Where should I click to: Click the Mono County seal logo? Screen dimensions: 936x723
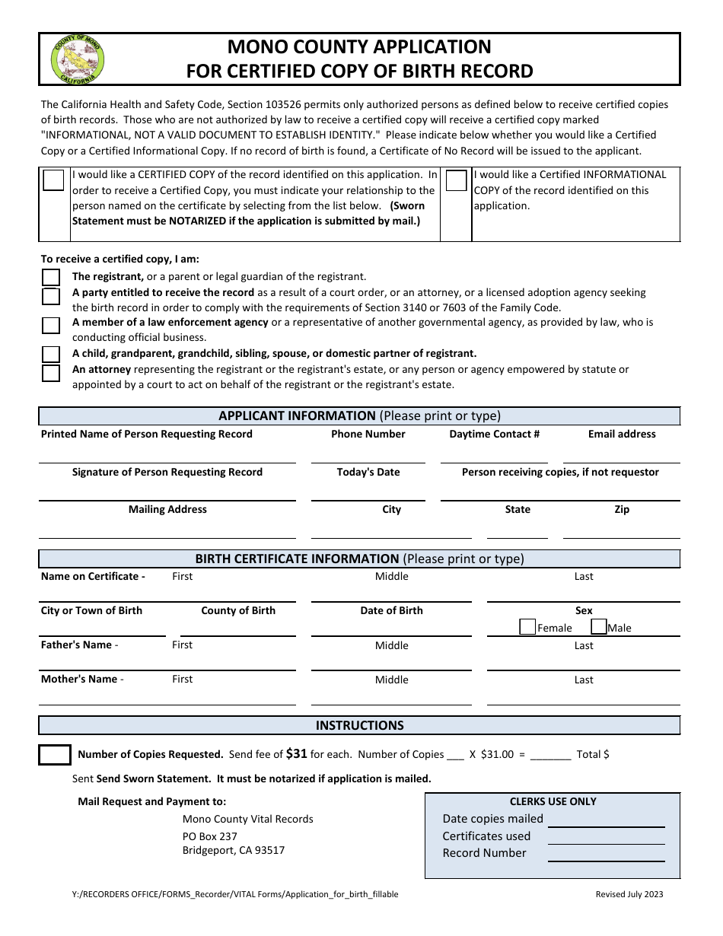77,59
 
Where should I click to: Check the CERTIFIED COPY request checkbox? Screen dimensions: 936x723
53,180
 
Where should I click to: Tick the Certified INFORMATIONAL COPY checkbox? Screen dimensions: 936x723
456,180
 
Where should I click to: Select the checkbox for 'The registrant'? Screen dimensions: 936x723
51,277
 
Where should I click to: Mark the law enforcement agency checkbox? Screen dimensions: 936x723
51,326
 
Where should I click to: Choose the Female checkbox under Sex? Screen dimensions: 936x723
527,627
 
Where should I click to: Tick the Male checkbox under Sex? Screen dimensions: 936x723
599,627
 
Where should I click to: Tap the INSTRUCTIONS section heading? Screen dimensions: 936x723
359,726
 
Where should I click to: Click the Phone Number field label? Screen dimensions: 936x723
368,435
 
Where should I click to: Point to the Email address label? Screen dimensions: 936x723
621,435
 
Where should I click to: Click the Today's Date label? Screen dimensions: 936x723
368,473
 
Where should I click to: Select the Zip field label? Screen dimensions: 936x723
622,510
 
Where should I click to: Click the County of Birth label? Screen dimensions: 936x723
238,611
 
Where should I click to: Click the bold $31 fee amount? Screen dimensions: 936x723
296,754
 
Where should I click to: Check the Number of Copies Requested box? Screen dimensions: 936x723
55,755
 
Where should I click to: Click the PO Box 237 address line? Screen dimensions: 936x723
210,836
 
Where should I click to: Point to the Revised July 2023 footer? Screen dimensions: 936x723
629,894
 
